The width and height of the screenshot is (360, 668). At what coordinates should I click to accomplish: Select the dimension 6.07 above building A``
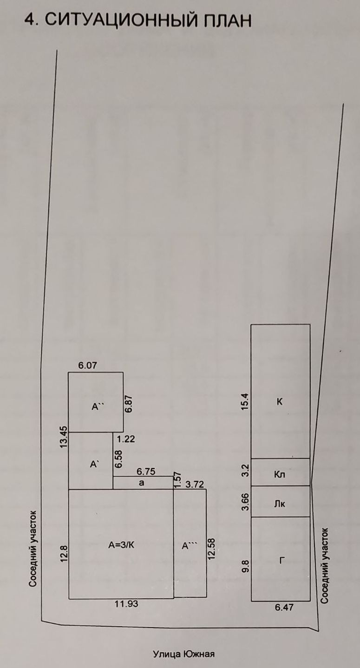[x=88, y=366]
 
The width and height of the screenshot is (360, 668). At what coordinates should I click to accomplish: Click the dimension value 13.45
[x=64, y=437]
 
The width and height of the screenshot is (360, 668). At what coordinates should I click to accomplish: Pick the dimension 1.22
[x=126, y=439]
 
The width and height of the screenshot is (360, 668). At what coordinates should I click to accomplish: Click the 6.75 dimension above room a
[x=146, y=471]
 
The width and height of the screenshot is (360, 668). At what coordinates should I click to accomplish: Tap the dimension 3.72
[x=195, y=485]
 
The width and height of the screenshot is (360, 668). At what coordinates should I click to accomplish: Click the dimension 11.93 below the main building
[x=127, y=604]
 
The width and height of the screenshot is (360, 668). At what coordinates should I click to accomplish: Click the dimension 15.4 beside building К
[x=246, y=401]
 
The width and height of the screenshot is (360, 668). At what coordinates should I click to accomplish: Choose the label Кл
[x=280, y=475]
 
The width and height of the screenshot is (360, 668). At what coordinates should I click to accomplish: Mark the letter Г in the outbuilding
[x=281, y=561]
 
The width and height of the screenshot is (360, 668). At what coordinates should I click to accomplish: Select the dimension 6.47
[x=284, y=607]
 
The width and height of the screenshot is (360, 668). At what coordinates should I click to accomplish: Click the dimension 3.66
[x=246, y=502]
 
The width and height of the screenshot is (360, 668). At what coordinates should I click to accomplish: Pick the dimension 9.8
[x=246, y=567]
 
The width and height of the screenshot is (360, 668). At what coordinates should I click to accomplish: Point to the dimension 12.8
[x=64, y=554]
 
